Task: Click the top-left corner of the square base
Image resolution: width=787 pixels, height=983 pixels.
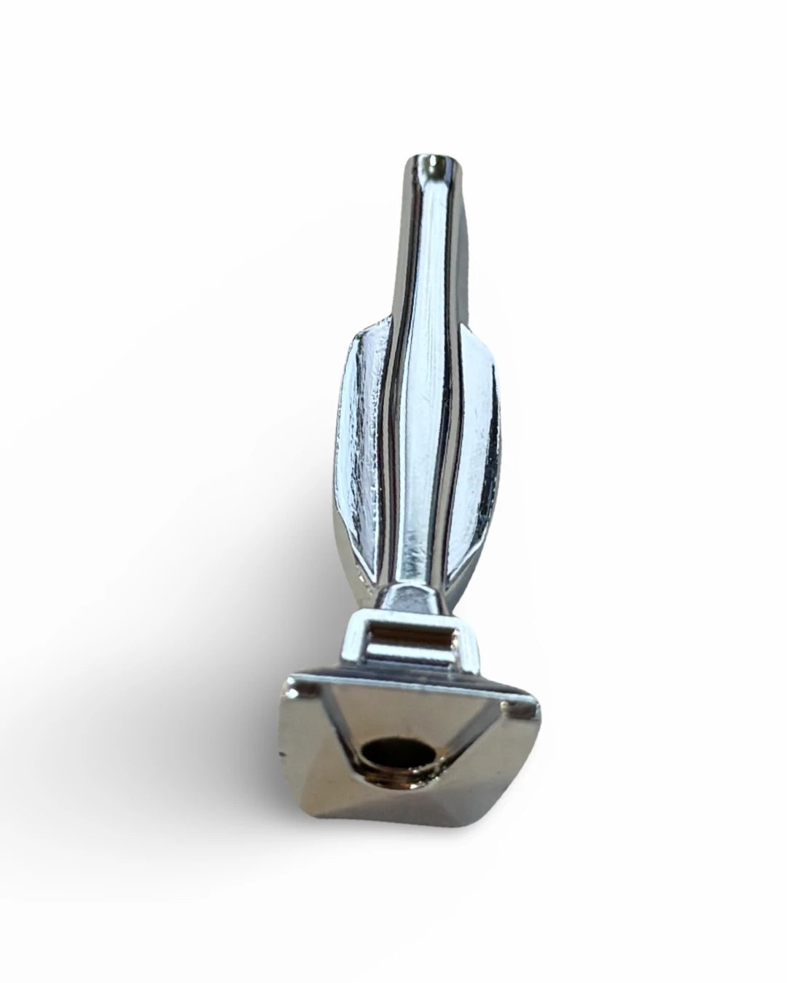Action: pyautogui.click(x=291, y=682)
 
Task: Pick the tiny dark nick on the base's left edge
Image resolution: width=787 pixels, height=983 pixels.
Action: pyautogui.click(x=281, y=750)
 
